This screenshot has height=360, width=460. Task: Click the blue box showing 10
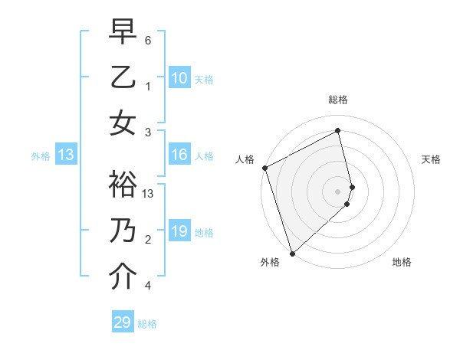tap(179, 78)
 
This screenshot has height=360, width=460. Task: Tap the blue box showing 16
tap(179, 155)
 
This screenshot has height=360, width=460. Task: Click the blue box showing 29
tap(123, 322)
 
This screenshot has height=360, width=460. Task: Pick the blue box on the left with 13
tap(66, 155)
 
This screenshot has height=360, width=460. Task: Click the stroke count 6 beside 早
tap(148, 40)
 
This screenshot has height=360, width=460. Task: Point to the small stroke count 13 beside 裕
tap(149, 194)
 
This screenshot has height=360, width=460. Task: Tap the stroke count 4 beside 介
tap(148, 286)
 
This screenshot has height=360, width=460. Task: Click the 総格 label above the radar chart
tap(337, 100)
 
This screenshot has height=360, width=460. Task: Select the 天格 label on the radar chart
tap(431, 159)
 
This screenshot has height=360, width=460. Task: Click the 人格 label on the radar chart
tap(245, 159)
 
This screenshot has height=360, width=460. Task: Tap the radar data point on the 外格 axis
tap(292, 253)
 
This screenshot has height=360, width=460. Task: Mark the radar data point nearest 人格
tap(264, 168)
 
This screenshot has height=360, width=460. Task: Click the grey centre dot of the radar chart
tap(337, 191)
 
